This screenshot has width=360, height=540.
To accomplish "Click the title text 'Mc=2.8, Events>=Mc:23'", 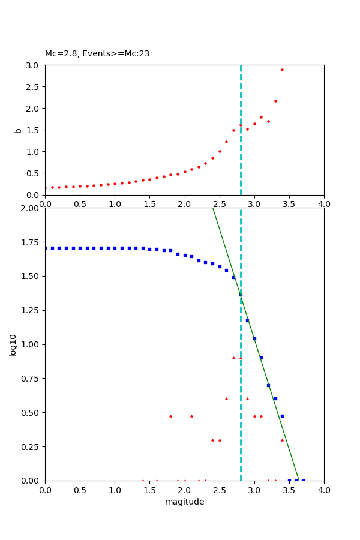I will click(x=97, y=54).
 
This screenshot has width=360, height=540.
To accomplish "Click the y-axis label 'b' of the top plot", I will click(x=18, y=130).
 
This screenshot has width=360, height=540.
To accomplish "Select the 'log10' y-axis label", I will click(x=13, y=345).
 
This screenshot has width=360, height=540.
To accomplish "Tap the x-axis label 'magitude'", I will click(x=184, y=502).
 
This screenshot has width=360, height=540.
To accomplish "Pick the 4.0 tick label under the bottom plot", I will click(x=324, y=490).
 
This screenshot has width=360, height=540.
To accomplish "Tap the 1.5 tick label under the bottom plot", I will click(x=149, y=490).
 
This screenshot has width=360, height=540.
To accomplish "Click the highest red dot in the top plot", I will click(x=282, y=70).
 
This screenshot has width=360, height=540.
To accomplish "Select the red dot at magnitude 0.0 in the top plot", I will click(x=45, y=188).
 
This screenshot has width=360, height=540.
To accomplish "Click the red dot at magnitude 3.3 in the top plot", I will click(x=275, y=101).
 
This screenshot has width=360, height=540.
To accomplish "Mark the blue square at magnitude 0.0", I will click(x=46, y=248).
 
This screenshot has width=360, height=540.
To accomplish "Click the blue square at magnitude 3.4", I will click(x=282, y=416).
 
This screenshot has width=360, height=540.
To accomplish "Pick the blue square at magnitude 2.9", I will click(x=247, y=320).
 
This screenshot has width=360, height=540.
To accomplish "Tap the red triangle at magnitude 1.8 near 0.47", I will click(x=170, y=416).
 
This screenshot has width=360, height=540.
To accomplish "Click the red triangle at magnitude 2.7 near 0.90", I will click(x=233, y=358).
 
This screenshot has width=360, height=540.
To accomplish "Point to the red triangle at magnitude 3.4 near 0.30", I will click(x=282, y=440).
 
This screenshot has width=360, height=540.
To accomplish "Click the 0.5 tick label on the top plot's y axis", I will click(x=34, y=173).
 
